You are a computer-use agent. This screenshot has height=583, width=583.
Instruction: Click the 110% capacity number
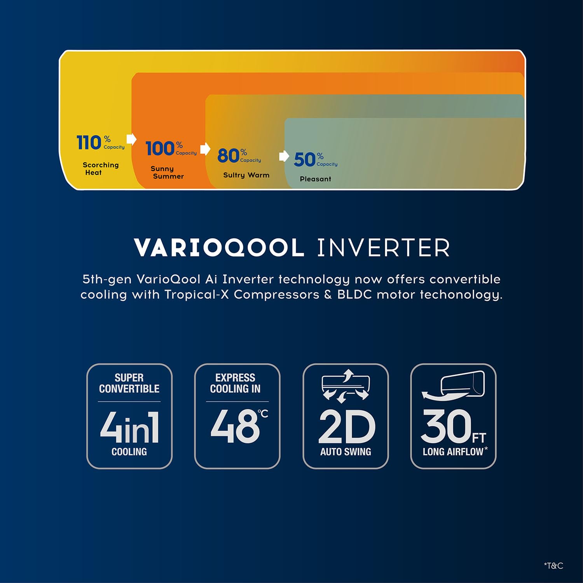[x=89, y=142]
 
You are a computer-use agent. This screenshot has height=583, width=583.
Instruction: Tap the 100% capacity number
[x=160, y=148]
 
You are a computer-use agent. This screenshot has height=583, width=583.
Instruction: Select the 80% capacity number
[x=228, y=155]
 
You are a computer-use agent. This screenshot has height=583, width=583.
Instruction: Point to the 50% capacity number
[x=305, y=159]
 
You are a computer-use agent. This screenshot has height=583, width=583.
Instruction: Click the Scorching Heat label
[x=101, y=169]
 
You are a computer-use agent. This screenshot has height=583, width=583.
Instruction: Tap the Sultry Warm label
[x=246, y=175]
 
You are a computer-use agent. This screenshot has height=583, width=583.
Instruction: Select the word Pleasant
[x=316, y=179]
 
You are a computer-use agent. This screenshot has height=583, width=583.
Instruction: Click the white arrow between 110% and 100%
[x=131, y=139]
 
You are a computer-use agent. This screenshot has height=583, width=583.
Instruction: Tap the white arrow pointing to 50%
[x=284, y=156]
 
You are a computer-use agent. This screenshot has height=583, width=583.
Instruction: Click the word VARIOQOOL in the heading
[x=219, y=248]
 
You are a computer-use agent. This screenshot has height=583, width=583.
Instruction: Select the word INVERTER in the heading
[x=384, y=248]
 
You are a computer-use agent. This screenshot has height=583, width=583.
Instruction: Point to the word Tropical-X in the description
[x=197, y=295]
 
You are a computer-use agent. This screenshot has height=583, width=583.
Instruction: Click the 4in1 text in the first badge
[x=129, y=427]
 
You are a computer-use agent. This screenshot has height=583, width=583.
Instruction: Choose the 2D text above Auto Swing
[x=347, y=427]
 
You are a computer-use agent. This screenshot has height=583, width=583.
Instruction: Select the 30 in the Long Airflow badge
[x=446, y=426]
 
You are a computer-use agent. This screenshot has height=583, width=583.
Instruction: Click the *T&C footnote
[x=553, y=566]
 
